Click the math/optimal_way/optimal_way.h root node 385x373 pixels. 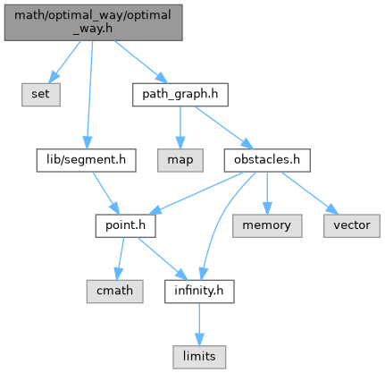(93, 22)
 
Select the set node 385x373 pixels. (41, 95)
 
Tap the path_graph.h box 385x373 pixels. (180, 95)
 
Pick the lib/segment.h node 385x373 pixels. (86, 160)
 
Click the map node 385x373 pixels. (180, 160)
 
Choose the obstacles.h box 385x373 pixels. (267, 160)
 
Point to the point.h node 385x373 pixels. (125, 225)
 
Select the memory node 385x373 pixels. (267, 225)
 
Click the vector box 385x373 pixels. (352, 225)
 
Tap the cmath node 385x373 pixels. (114, 292)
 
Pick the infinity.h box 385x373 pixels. (199, 292)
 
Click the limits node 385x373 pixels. (199, 357)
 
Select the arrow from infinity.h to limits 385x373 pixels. (199, 325)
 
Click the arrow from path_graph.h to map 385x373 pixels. (180, 128)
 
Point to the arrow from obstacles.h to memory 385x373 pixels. (267, 193)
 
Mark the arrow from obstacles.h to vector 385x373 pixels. (310, 193)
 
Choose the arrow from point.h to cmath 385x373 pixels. (120, 259)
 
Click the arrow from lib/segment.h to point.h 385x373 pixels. (105, 193)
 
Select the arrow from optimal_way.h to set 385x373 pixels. (65, 62)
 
